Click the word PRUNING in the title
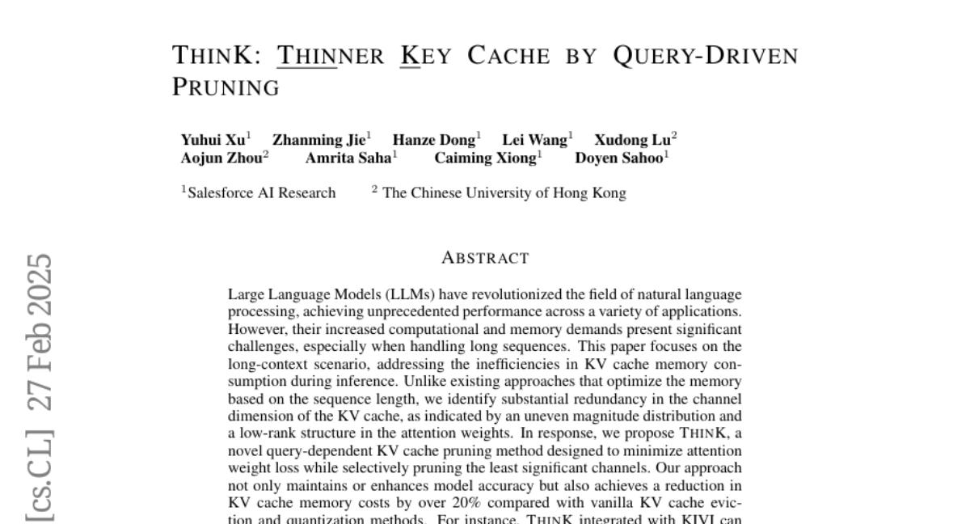point(226,87)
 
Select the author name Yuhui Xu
point(213,140)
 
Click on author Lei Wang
point(534,140)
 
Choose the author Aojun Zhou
point(221,158)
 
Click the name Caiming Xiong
point(485,158)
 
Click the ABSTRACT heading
point(485,259)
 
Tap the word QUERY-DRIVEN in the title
point(705,56)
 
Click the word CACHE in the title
point(508,56)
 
